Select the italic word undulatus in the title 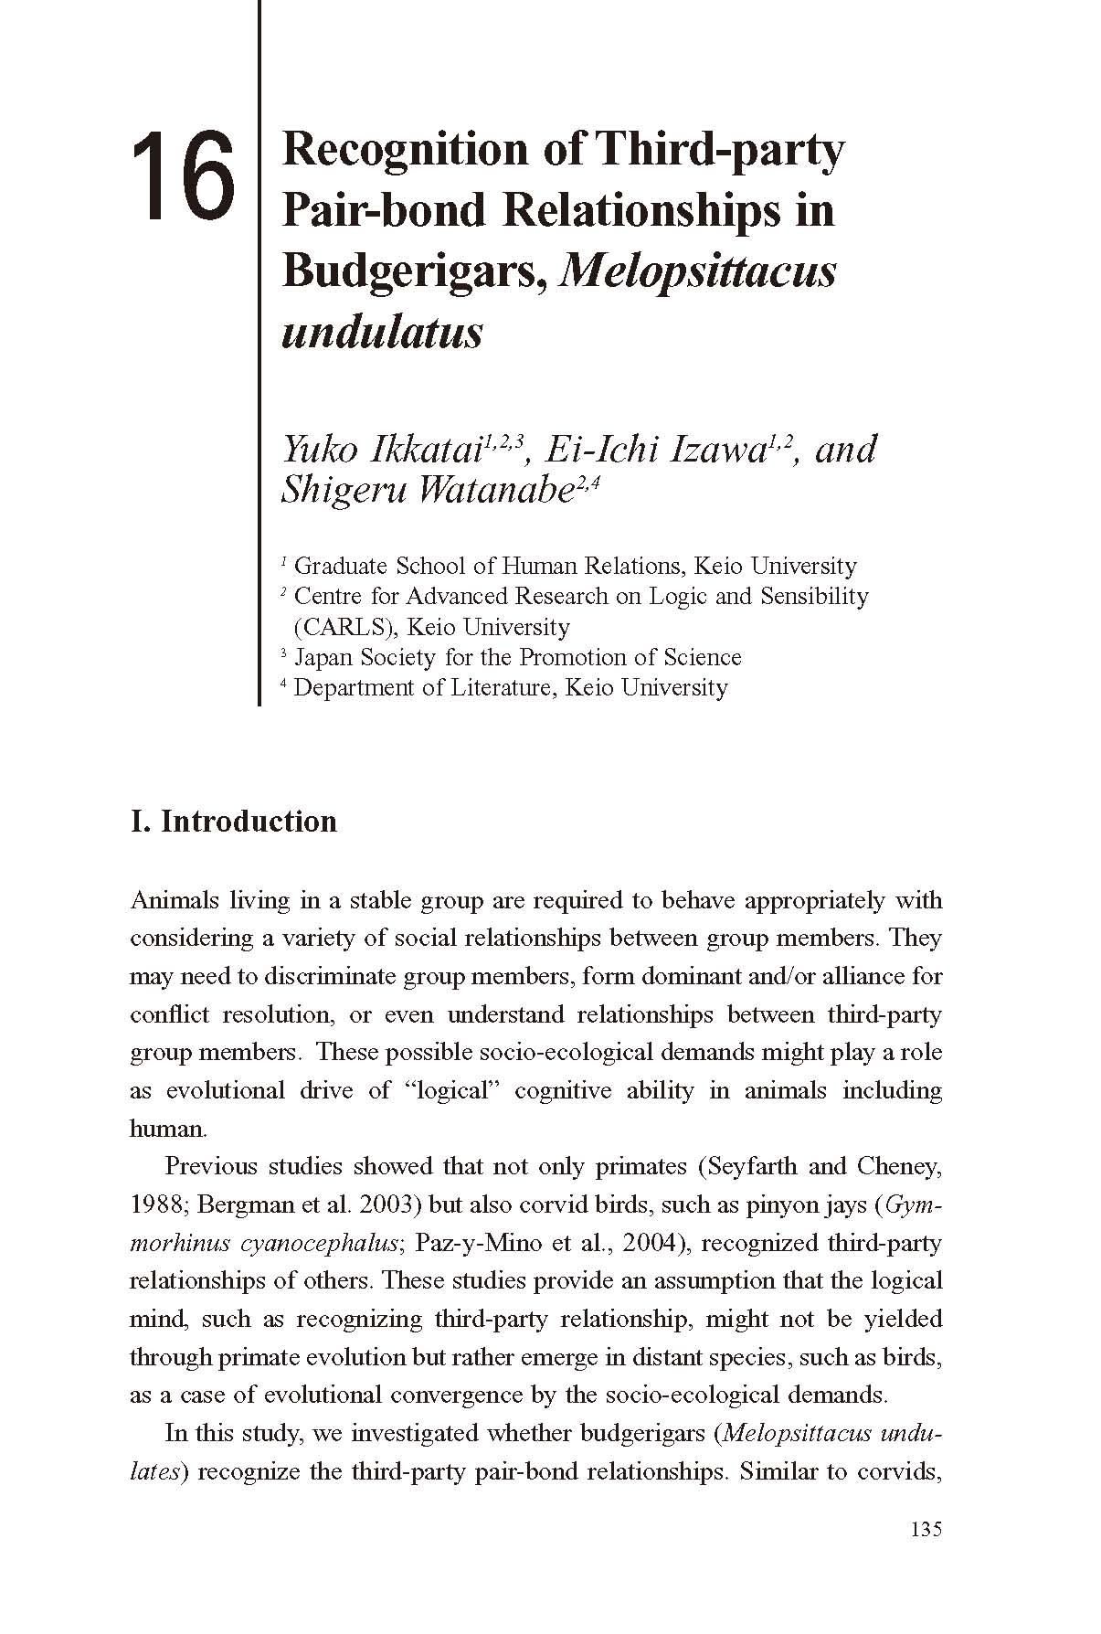(382, 332)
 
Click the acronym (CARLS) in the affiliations (344, 627)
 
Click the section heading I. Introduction (234, 821)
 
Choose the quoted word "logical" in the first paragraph (450, 1090)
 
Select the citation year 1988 (157, 1204)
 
